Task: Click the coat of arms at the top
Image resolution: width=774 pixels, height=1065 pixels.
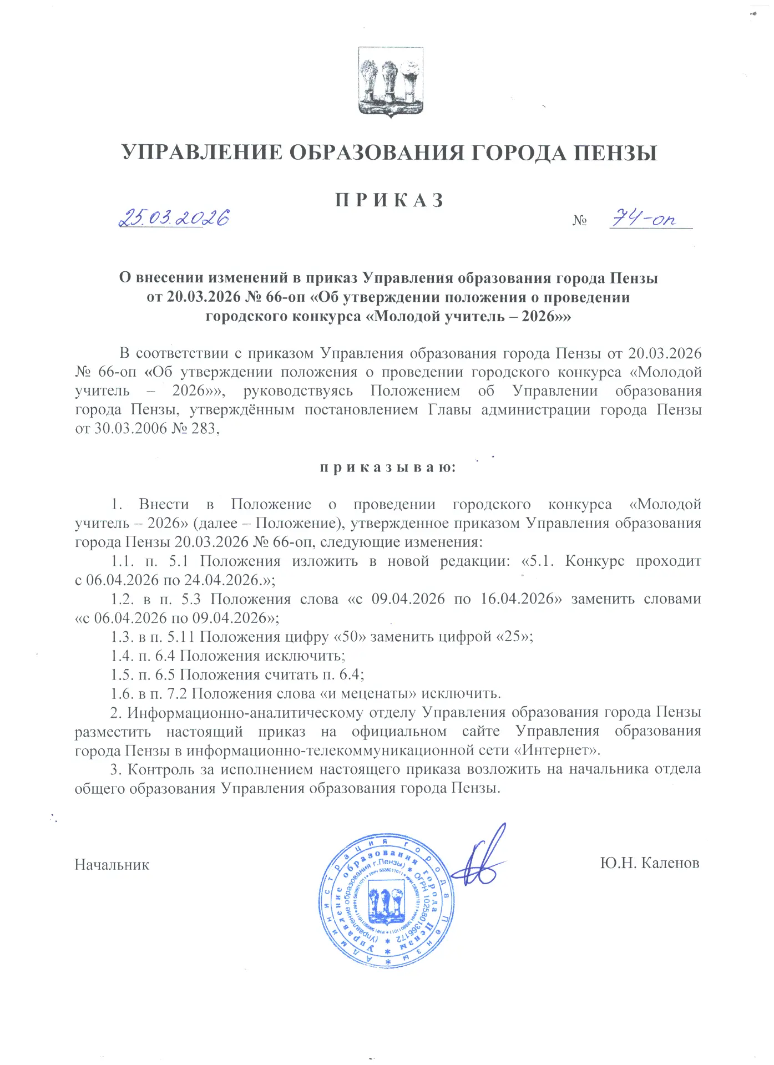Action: point(390,82)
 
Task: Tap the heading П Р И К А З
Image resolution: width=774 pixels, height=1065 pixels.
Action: point(389,200)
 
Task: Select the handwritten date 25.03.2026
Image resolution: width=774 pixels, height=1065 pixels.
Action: point(174,218)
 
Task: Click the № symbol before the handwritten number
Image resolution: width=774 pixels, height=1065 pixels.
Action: point(580,221)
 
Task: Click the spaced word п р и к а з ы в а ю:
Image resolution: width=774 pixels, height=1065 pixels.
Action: point(387,468)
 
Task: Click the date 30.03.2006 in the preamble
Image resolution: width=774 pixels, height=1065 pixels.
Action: point(124,428)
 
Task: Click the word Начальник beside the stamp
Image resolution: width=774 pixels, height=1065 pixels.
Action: point(112,864)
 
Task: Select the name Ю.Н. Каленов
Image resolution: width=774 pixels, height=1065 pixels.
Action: point(650,863)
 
